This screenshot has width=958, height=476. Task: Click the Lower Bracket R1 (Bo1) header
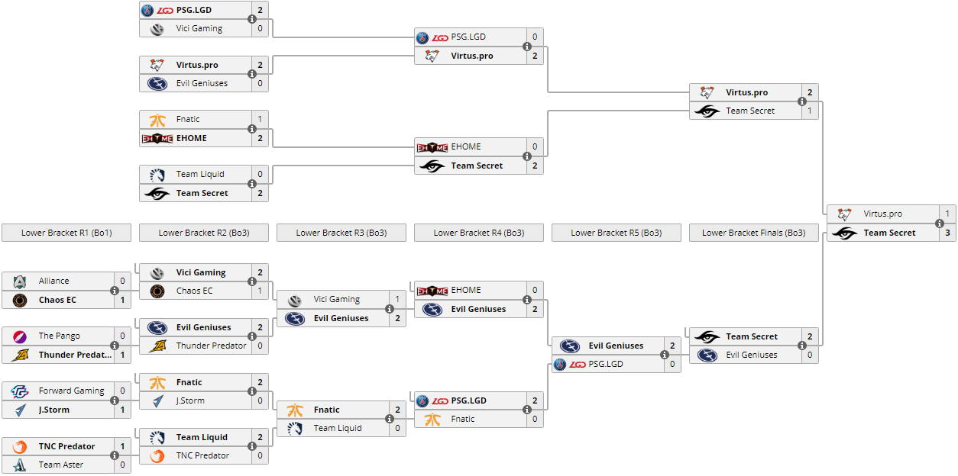66,233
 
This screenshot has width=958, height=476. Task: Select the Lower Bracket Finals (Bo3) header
753,233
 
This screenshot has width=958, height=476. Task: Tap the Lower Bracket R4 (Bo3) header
478,233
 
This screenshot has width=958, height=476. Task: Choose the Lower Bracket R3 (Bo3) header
341,233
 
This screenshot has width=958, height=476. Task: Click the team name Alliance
54,281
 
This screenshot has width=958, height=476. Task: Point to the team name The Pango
60,336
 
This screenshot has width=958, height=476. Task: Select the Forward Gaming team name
72,391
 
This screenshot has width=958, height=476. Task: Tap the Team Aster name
61,465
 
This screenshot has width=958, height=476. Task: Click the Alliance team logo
20,281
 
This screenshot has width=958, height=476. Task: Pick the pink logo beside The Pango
20,336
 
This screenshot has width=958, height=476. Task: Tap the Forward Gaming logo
20,391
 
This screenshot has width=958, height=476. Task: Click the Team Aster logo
20,465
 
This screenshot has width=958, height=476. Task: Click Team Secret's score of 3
947,233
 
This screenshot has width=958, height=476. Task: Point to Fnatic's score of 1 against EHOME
260,119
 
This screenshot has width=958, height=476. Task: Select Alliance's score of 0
122,281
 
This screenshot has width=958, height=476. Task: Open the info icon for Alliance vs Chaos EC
115,291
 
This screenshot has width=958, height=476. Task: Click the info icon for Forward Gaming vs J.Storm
115,400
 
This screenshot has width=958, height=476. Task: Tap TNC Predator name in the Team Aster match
67,446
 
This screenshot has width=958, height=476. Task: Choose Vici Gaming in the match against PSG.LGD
199,28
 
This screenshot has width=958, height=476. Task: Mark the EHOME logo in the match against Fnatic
157,138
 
